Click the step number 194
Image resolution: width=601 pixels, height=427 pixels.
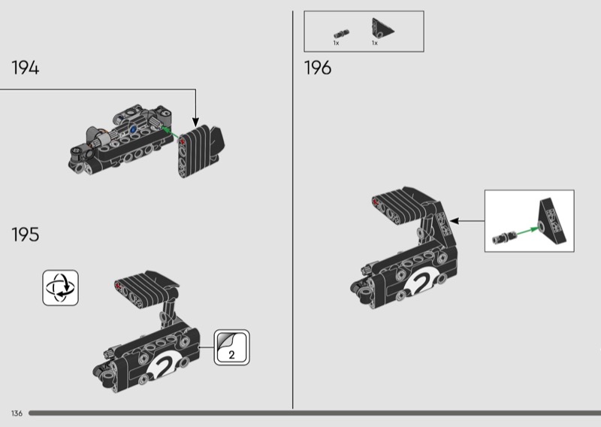pyautogui.click(x=26, y=68)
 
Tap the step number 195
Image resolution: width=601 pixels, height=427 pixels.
pyautogui.click(x=26, y=235)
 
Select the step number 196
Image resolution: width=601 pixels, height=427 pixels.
pyautogui.click(x=318, y=68)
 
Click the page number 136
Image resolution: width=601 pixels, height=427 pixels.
pyautogui.click(x=17, y=413)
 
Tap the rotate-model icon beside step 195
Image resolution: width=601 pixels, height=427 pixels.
pyautogui.click(x=61, y=288)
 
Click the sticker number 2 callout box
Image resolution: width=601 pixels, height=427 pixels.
pyautogui.click(x=231, y=347)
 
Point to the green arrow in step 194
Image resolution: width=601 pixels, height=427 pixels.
pyautogui.click(x=169, y=132)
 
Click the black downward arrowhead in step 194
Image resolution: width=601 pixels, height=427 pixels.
pyautogui.click(x=195, y=123)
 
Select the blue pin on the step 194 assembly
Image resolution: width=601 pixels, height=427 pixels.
pyautogui.click(x=133, y=129)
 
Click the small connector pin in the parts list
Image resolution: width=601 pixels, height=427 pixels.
pyautogui.click(x=341, y=33)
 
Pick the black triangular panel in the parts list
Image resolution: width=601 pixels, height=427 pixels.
pyautogui.click(x=382, y=28)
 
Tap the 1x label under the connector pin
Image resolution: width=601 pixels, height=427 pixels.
pyautogui.click(x=336, y=43)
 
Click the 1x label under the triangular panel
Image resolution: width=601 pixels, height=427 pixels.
pyautogui.click(x=374, y=43)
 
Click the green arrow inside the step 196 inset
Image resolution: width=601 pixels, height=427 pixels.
pyautogui.click(x=527, y=232)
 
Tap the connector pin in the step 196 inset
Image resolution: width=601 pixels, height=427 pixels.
pyautogui.click(x=504, y=238)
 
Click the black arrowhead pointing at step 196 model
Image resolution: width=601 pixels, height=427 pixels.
pyautogui.click(x=455, y=220)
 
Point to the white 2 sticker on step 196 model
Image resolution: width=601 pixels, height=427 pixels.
pyautogui.click(x=421, y=283)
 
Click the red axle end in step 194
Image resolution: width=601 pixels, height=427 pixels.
pyautogui.click(x=182, y=141)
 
